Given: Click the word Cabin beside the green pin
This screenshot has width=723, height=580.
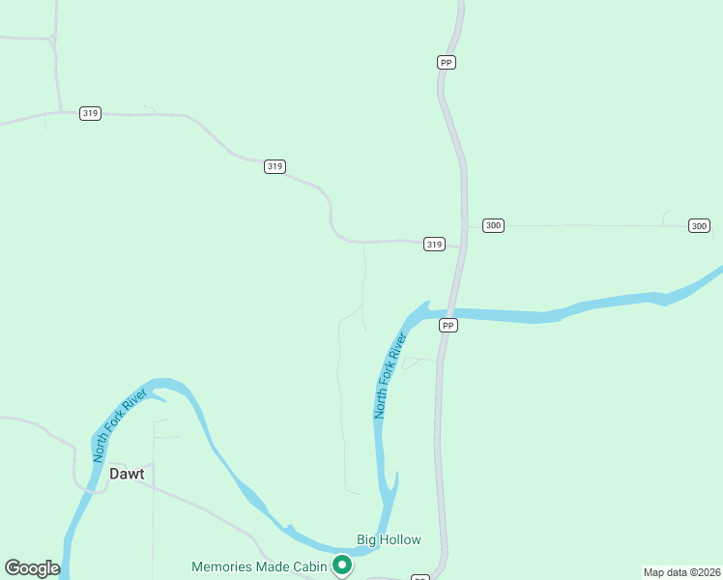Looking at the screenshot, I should pos(308,566).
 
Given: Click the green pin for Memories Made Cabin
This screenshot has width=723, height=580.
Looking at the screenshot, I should pos(341,565).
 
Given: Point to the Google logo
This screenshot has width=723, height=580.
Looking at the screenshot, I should pos(32,568).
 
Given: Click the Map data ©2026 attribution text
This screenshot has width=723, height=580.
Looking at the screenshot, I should pos(682,571).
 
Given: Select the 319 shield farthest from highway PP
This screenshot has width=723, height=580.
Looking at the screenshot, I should pos(91,113).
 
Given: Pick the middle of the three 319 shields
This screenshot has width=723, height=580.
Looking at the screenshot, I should pos(275,166).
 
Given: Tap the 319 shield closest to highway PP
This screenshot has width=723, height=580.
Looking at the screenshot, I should pos(434,245).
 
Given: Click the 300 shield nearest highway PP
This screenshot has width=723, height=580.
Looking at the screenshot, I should pos(493,225).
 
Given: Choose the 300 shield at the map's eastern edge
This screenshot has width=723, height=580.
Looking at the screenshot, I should pos(699,225).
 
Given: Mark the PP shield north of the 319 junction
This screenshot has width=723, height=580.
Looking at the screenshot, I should pos(446,62).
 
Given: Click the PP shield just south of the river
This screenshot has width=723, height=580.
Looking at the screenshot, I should pos(448,326).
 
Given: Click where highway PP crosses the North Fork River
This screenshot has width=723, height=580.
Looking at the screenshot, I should pos(451,312).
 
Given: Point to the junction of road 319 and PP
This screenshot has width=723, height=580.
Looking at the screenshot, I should pos(460,247).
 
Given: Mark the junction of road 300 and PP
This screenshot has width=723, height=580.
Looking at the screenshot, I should pos(467,226).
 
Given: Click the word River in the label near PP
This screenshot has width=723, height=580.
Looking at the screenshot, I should pos(400,347).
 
